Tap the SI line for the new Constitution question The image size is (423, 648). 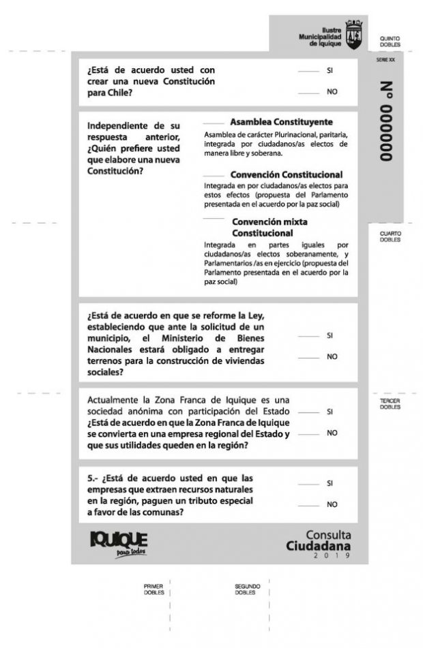click(309, 71)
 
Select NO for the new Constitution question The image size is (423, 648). click(309, 92)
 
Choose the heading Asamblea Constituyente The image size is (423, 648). click(281, 122)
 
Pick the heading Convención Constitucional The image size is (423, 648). click(286, 174)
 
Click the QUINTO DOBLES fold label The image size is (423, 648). click(390, 42)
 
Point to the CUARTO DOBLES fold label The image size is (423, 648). click(390, 236)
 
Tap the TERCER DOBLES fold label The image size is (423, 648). click(390, 404)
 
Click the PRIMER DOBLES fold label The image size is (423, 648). click(154, 589)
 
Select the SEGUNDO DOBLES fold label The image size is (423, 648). click(247, 589)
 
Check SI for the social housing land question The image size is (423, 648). click(309, 336)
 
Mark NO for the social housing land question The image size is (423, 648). click(309, 357)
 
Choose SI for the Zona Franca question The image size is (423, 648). click(309, 412)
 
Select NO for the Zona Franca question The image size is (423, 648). click(309, 433)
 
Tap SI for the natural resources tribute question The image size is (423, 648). click(309, 484)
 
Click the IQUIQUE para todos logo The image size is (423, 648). click(119, 543)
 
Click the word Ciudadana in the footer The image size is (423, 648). click(319, 546)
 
